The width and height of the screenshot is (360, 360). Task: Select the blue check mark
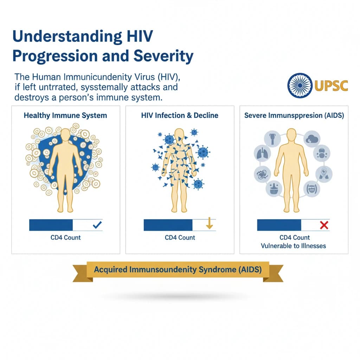(x=97, y=225)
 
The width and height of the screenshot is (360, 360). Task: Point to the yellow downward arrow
(x=209, y=224)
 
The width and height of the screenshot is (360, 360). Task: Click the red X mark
(x=324, y=225)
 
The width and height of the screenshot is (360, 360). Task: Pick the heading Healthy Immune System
(x=65, y=115)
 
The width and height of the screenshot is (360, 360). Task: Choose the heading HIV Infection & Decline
(x=180, y=115)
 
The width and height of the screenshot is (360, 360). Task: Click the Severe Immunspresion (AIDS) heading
(x=294, y=115)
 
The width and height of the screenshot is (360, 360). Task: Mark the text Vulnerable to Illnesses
(x=293, y=246)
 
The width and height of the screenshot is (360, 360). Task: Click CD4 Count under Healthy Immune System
(x=65, y=238)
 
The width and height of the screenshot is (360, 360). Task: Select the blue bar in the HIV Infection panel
(x=168, y=225)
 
